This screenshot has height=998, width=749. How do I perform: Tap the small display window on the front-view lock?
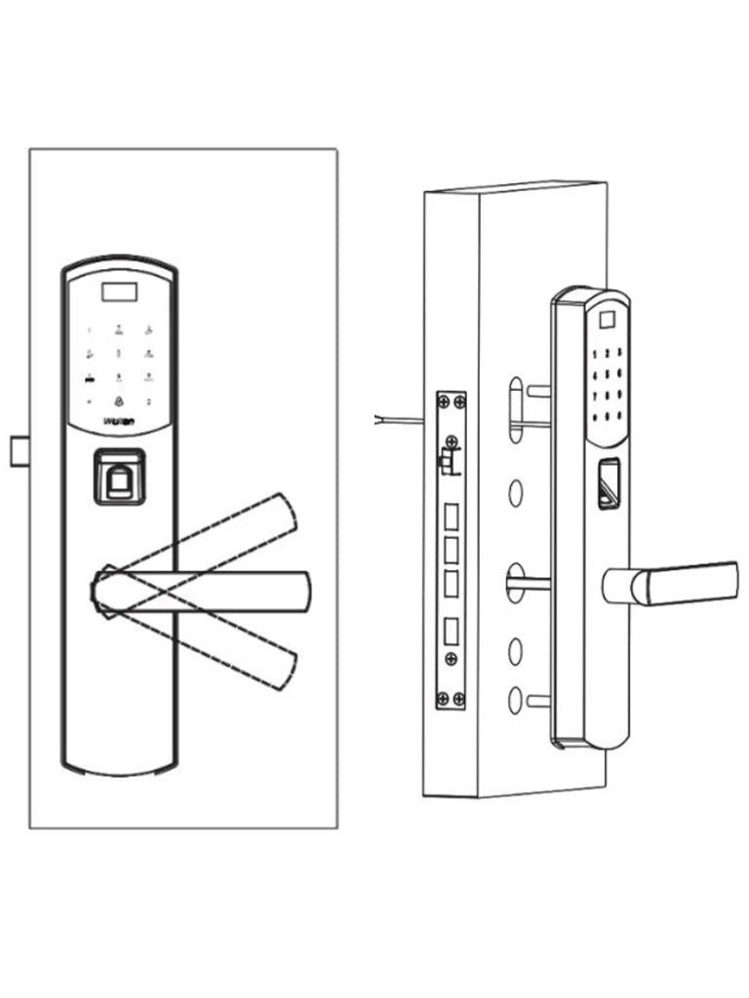[119, 289]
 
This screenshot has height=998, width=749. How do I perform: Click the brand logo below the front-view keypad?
[119, 423]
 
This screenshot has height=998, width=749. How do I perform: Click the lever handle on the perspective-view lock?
[683, 582]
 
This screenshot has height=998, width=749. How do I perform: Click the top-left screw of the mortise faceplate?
[443, 403]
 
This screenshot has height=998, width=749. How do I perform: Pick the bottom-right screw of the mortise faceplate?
[458, 697]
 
